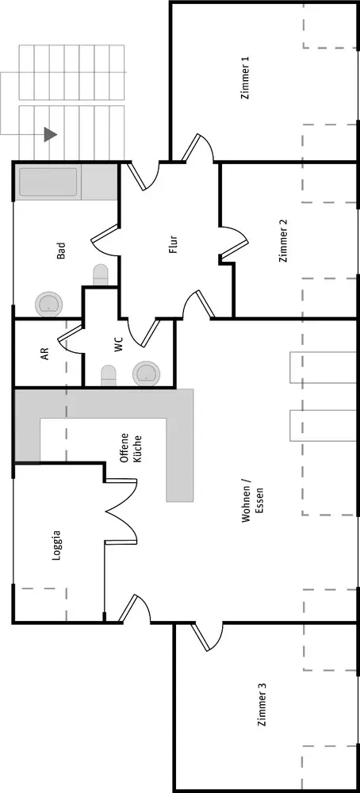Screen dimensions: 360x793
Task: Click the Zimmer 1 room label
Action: tap(246, 79)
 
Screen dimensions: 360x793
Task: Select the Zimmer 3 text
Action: tap(262, 705)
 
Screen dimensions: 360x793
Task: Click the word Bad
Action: tap(61, 251)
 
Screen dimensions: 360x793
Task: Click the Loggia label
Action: tap(56, 546)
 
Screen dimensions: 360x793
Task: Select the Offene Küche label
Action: tap(130, 449)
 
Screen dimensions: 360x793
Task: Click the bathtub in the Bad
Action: tap(48, 182)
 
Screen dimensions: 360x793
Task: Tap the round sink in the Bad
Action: tap(49, 304)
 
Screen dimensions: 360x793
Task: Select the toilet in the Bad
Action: tap(101, 274)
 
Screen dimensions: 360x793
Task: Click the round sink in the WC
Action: tap(147, 374)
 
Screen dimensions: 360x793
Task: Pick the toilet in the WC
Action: tap(108, 376)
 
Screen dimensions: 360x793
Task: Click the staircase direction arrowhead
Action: tap(51, 135)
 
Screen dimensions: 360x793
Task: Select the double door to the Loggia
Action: tap(121, 511)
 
